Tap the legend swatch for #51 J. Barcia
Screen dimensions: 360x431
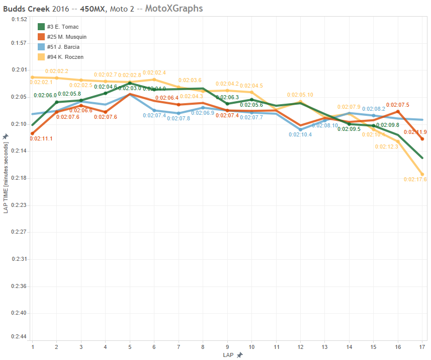pyautogui.click(x=42, y=47)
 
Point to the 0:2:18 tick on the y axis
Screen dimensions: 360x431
pyautogui.click(x=18, y=178)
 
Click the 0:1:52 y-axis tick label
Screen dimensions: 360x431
pyautogui.click(x=18, y=19)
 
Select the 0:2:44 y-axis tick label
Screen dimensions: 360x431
pyautogui.click(x=18, y=336)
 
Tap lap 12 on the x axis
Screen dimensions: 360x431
pyautogui.click(x=300, y=347)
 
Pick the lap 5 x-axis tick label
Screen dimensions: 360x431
pyautogui.click(x=130, y=347)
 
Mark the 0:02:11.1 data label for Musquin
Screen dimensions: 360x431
pyautogui.click(x=41, y=138)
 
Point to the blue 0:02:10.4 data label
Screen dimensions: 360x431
pyautogui.click(x=300, y=134)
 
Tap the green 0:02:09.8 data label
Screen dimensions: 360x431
pyautogui.click(x=387, y=125)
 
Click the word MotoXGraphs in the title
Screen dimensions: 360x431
pyautogui.click(x=174, y=8)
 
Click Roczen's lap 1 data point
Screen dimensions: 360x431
pyautogui.click(x=33, y=77)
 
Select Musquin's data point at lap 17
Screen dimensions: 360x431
pyautogui.click(x=422, y=139)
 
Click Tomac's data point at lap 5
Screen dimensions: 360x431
pyautogui.click(x=130, y=83)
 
